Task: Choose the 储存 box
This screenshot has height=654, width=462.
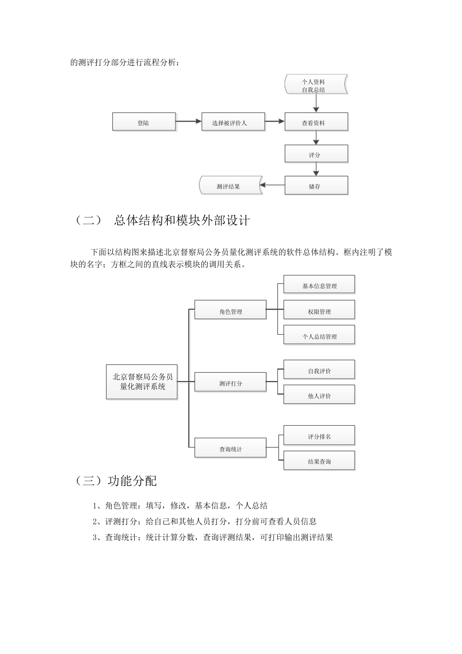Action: pos(316,185)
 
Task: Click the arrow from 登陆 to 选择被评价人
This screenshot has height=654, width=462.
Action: pos(188,121)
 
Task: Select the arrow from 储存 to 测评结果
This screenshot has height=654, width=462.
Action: pos(272,185)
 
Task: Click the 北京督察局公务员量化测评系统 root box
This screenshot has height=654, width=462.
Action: pos(142,381)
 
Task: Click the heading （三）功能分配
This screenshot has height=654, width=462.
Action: pos(116,481)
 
